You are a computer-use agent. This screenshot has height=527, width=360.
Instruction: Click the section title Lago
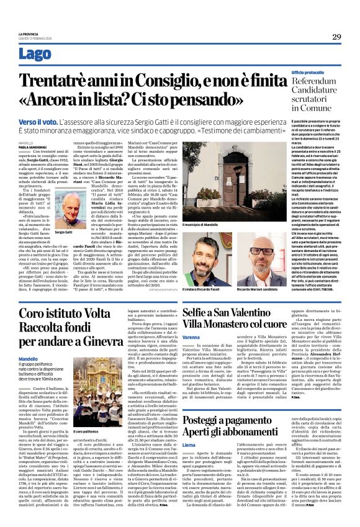(x=35, y=53)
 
